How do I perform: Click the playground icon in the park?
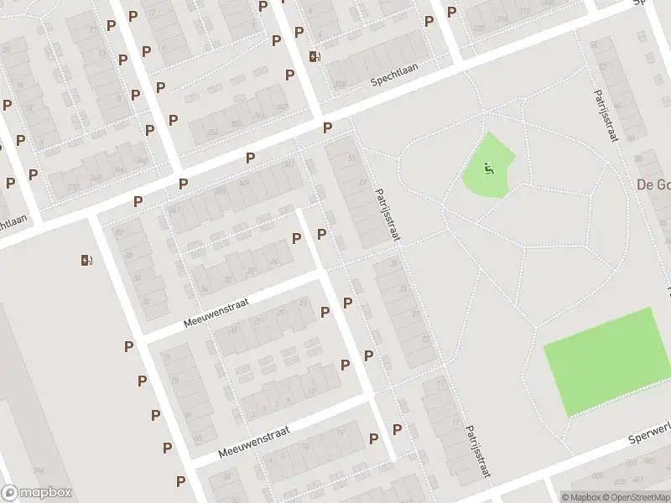click(489, 169)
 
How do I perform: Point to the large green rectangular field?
click(601, 361)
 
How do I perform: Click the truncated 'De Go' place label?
click(653, 184)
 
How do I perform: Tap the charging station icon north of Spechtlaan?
click(315, 56)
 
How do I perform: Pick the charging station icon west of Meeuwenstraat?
click(86, 260)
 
